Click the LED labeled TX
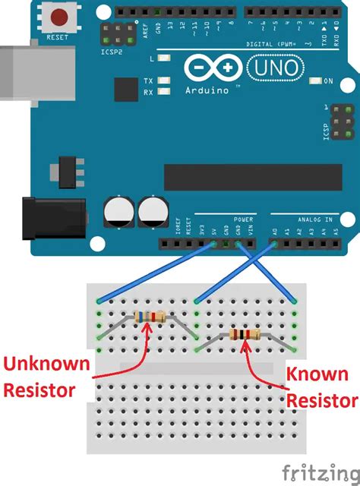point(164,80)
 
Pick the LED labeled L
point(164,58)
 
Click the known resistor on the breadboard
point(244,335)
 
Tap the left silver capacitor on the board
point(120,212)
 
